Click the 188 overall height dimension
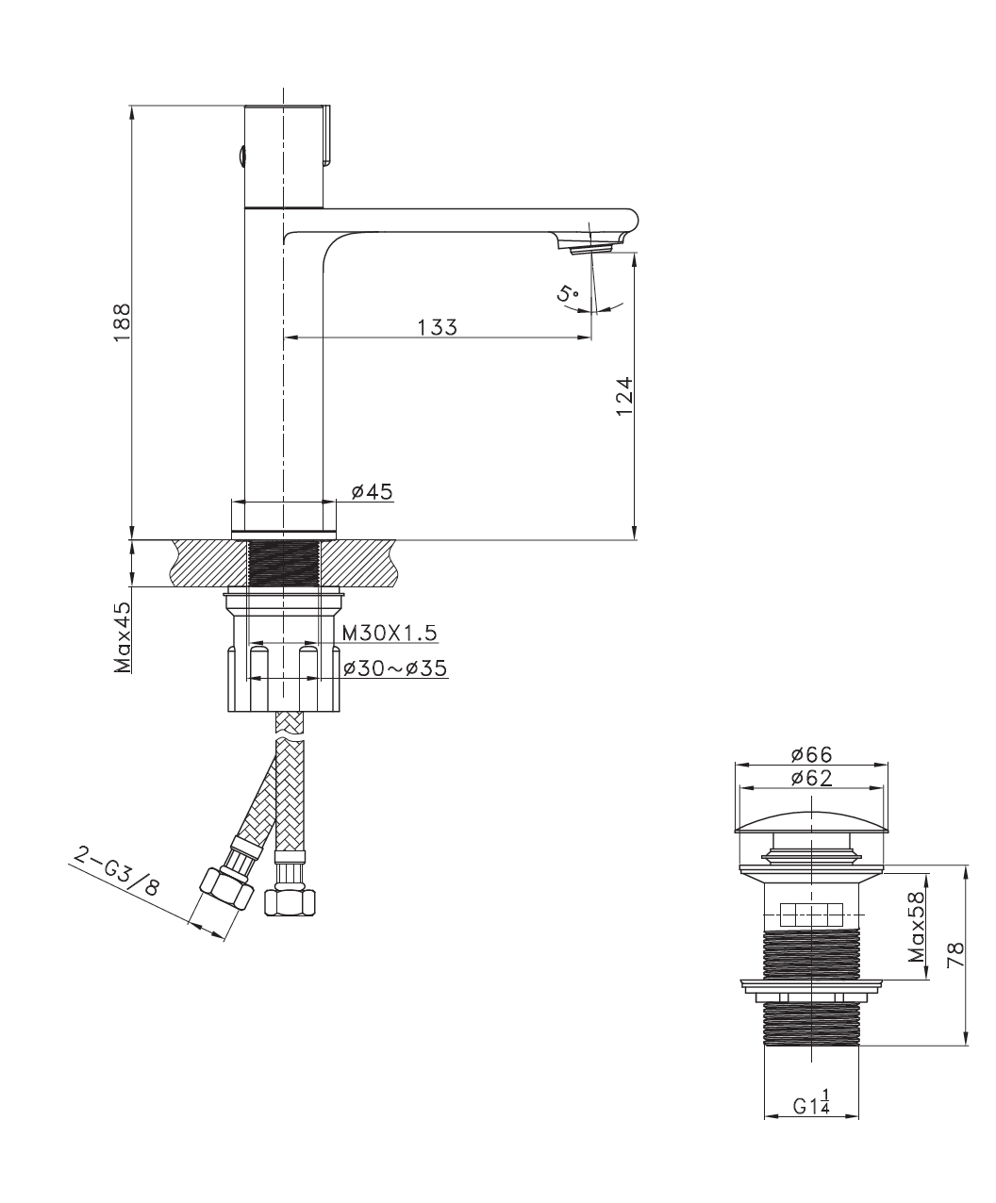[x=123, y=322]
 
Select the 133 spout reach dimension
[x=438, y=327]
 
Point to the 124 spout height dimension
[x=624, y=396]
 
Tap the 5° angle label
[x=567, y=294]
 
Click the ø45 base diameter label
[x=372, y=491]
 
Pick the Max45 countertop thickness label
[x=123, y=637]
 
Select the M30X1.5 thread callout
[x=390, y=634]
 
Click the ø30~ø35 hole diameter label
[x=395, y=668]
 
